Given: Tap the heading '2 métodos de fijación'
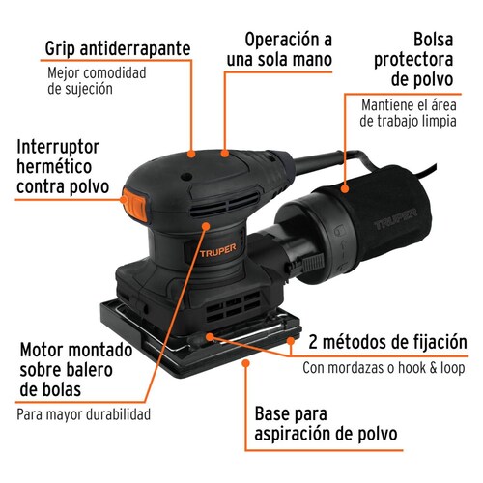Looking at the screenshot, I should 387,343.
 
